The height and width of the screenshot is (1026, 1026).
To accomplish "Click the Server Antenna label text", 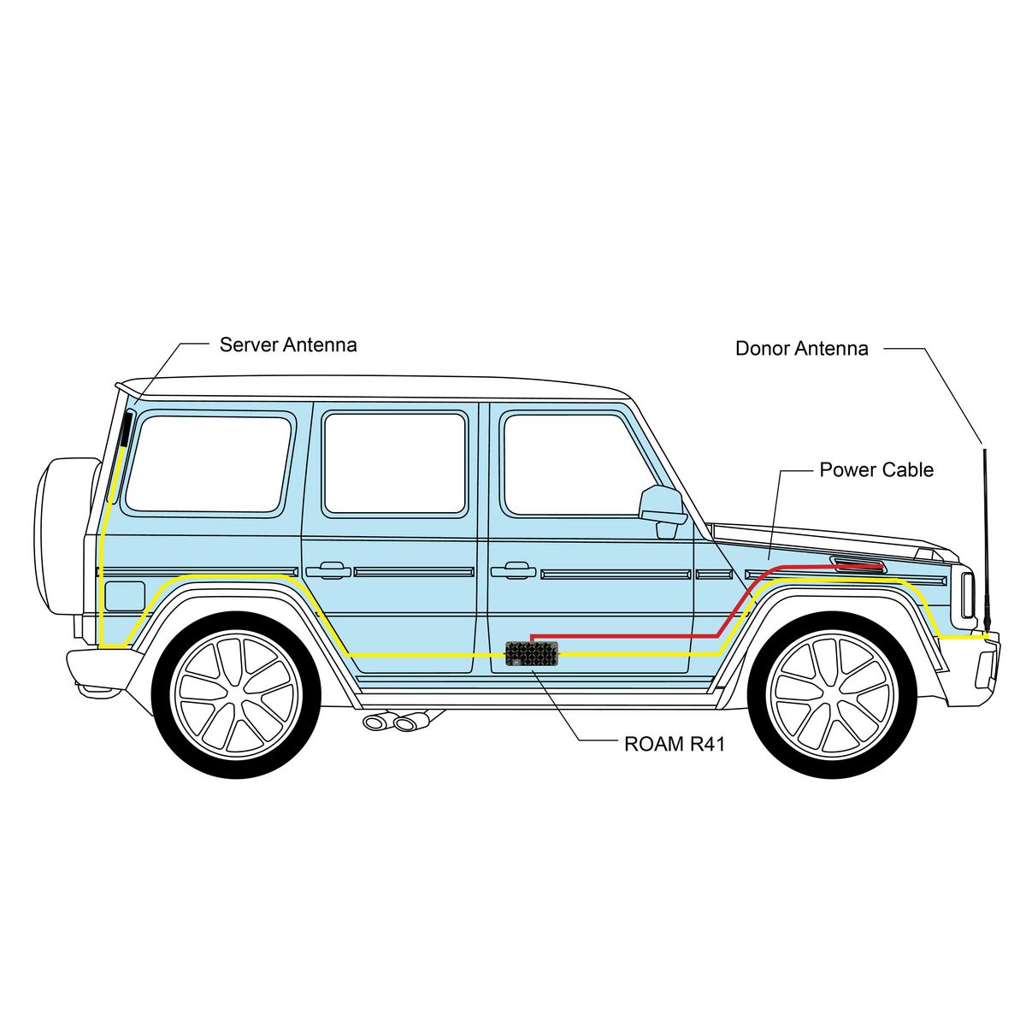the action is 288,345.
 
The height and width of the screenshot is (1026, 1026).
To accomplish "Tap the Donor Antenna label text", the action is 802,349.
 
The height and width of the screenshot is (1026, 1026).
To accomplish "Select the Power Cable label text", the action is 876,470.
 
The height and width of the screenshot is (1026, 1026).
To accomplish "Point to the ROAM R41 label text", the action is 675,745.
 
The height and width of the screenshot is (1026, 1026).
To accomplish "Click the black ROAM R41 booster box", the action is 532,654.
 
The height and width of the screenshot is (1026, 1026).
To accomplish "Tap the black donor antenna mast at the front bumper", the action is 986,543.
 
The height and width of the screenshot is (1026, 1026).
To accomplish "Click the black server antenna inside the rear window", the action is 126,429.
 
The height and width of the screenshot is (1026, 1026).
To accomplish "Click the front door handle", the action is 513,569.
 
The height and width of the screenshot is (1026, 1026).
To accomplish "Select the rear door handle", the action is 328,569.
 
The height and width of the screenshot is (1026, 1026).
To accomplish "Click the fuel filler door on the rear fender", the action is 125,595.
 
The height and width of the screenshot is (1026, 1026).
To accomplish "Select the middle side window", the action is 394,463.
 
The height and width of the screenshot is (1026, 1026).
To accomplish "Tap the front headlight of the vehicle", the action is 968,595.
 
